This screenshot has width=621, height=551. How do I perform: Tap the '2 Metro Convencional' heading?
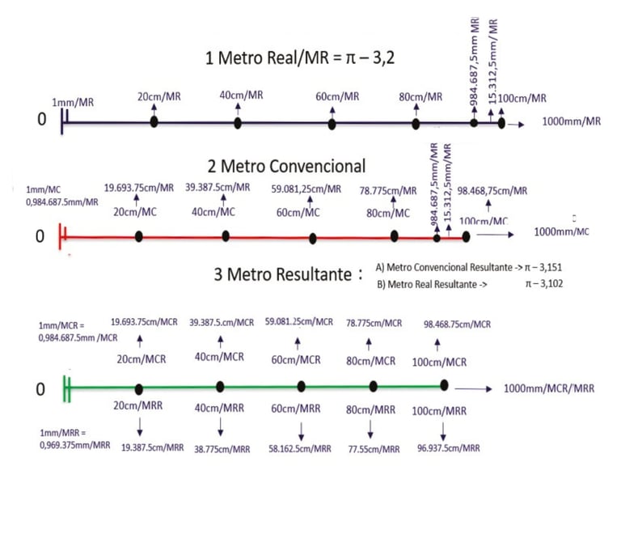click(x=286, y=166)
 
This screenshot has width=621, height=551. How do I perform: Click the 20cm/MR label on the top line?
click(x=158, y=96)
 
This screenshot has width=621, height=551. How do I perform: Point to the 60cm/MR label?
click(x=337, y=96)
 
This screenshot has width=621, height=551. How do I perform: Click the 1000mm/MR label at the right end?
click(x=572, y=121)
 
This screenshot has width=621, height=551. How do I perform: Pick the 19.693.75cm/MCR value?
click(x=144, y=322)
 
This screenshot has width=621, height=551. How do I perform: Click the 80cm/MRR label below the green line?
click(x=371, y=410)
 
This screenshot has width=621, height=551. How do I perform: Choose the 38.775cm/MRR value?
click(x=222, y=447)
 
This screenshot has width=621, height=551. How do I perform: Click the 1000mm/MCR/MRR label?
click(x=549, y=388)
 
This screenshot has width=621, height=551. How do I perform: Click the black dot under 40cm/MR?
click(x=238, y=123)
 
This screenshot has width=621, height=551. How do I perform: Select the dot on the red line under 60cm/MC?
click(x=313, y=238)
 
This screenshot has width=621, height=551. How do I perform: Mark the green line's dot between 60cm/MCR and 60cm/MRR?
click(x=302, y=386)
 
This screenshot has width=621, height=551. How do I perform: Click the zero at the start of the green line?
click(x=40, y=390)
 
